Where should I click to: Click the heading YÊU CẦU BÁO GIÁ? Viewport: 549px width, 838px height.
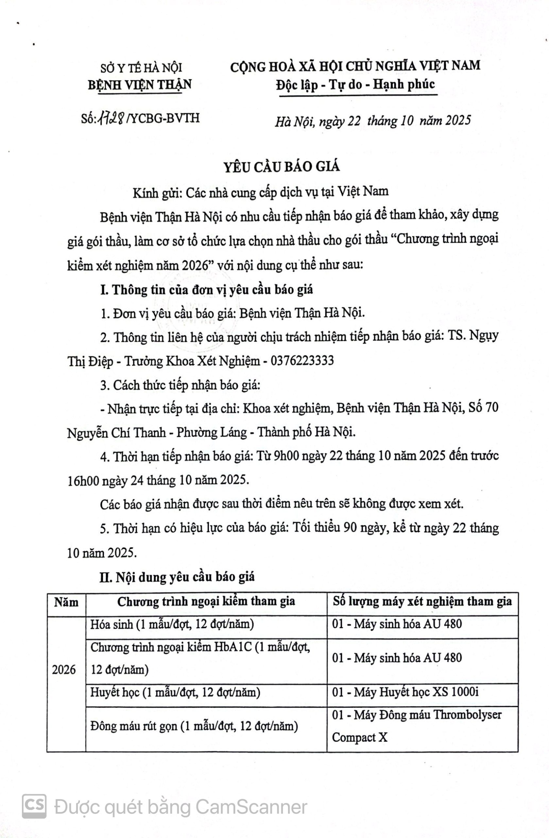(x=282, y=167)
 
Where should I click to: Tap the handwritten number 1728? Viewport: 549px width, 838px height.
(x=112, y=118)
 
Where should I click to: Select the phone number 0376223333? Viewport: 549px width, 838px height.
(x=302, y=361)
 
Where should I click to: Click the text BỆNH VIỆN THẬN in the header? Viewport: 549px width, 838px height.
(x=140, y=85)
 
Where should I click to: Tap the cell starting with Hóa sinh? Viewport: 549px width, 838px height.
(x=172, y=624)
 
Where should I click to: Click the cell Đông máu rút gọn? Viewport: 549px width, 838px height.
(x=194, y=726)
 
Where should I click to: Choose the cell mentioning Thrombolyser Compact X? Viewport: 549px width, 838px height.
(x=417, y=726)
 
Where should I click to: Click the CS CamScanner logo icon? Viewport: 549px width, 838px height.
(x=34, y=806)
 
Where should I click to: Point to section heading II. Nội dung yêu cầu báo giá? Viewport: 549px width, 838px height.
(x=177, y=577)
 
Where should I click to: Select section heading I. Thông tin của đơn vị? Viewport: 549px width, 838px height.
(x=206, y=290)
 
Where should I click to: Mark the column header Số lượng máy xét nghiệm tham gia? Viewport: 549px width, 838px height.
(x=422, y=602)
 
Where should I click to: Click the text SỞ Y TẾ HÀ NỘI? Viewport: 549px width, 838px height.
(x=141, y=68)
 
